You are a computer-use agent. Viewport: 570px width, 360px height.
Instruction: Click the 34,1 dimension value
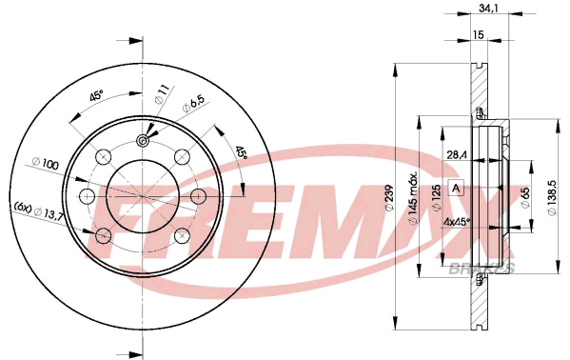tap(487, 9)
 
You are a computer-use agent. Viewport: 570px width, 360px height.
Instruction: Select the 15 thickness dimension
tap(479, 34)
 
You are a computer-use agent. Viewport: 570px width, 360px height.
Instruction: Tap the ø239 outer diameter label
tap(388, 198)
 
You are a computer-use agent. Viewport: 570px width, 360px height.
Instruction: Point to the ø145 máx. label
tap(414, 197)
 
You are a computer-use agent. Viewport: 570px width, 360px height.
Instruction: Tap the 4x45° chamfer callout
tap(457, 222)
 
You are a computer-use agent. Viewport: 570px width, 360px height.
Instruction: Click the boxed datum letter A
tap(456, 189)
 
